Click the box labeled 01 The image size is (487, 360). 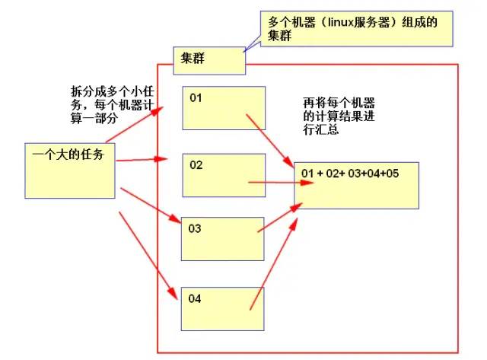(x=224, y=107)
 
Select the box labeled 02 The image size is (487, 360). (x=224, y=175)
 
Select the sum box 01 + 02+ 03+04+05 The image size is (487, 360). (x=356, y=185)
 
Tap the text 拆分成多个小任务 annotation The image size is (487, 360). (x=107, y=101)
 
